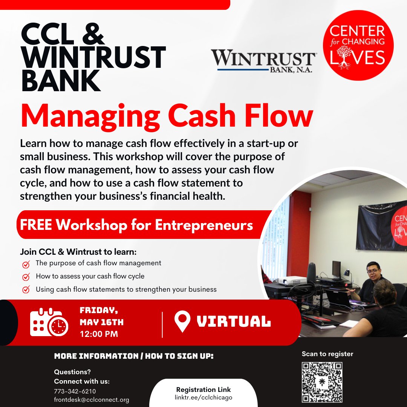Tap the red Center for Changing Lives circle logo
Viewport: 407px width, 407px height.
tap(358, 46)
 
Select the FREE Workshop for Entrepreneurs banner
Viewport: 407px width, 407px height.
tap(136, 225)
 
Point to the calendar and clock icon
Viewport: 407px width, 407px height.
tap(49, 323)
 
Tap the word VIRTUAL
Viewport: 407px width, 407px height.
tap(234, 322)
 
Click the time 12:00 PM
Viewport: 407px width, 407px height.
tap(99, 334)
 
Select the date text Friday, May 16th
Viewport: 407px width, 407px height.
tap(101, 317)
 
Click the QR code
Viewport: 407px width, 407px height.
tap(322, 382)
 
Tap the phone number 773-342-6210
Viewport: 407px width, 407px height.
tap(75, 391)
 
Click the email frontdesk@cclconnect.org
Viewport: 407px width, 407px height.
tap(92, 400)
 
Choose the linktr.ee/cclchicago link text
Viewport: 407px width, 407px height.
tap(203, 398)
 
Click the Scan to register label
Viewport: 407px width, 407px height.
tap(327, 354)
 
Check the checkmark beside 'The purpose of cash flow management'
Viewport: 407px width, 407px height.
tap(26, 264)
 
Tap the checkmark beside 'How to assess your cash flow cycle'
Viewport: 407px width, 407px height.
tap(26, 277)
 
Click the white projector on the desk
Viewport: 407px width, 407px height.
tap(292, 280)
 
